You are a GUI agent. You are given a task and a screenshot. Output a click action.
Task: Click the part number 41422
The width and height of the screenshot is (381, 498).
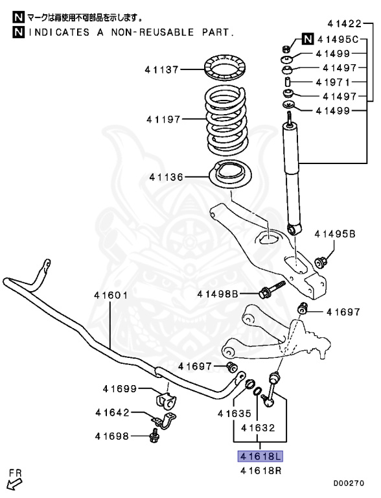[x=343, y=24]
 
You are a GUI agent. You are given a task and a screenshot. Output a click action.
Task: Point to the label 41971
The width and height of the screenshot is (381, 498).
[x=333, y=82]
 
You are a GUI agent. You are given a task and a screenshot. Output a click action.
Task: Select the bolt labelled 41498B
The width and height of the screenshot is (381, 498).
[x=218, y=294]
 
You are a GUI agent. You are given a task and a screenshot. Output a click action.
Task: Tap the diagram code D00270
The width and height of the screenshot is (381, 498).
[x=349, y=483]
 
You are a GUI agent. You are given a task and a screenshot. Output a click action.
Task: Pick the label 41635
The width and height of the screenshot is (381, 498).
[x=234, y=412]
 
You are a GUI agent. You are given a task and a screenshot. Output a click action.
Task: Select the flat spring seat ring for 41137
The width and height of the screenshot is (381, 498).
[x=224, y=68]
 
